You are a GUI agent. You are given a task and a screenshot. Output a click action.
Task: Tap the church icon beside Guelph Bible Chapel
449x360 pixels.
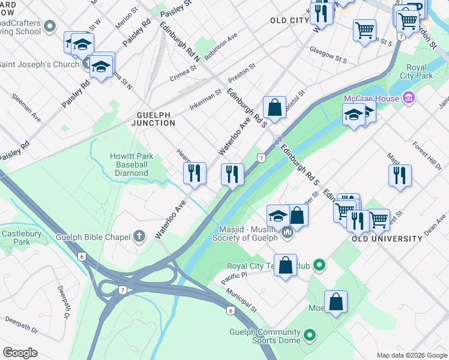[139, 236]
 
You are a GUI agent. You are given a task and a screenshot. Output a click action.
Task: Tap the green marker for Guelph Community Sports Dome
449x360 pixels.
[310, 334]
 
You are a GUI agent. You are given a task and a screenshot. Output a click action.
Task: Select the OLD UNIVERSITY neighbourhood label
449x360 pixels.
[387, 239]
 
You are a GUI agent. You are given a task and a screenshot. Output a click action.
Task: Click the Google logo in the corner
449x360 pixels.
[20, 352]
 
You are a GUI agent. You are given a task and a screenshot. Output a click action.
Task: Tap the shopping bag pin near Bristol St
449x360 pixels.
[274, 108]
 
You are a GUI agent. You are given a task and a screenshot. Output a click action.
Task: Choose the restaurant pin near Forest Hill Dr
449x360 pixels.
[399, 176]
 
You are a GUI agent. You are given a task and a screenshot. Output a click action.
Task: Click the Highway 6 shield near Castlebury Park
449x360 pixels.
[82, 256]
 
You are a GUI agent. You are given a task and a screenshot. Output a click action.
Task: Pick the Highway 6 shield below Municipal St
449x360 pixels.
[230, 310]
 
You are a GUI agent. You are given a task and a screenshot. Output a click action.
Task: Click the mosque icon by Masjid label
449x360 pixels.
[287, 232]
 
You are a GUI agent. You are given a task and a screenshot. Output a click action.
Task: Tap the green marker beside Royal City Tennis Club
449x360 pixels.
[320, 264]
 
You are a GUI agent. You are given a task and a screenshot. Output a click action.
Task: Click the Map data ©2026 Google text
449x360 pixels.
[411, 355]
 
